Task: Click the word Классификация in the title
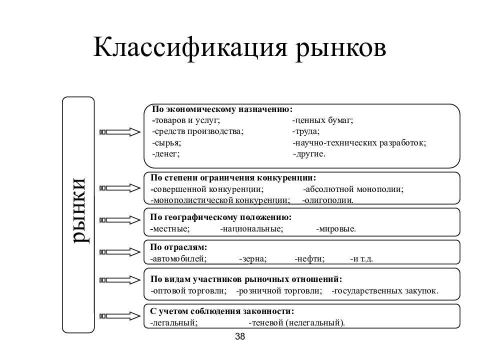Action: click(190, 48)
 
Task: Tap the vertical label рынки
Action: click(79, 210)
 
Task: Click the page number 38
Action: click(240, 336)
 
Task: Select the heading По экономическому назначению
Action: click(222, 109)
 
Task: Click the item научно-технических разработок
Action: click(359, 143)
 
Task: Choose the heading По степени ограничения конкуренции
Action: click(233, 178)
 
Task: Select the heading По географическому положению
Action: click(220, 217)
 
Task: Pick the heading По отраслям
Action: click(178, 247)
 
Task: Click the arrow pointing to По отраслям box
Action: click(120, 252)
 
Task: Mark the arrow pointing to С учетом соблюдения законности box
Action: click(120, 316)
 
